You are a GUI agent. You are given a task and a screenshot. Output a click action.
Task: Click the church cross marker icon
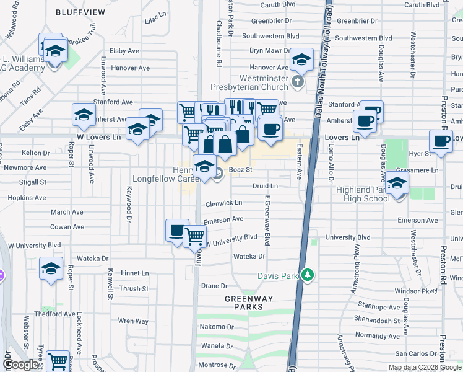pos(298,81)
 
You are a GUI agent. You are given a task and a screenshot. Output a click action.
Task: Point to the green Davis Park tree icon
pos(307,275)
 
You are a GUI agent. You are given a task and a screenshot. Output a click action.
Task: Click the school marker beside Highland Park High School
pos(396,185)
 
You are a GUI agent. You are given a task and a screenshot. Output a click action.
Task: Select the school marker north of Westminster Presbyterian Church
pos(301,60)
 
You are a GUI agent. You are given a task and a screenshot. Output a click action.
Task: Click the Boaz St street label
pos(241,169)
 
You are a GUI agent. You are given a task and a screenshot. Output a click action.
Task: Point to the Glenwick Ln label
pos(223,203)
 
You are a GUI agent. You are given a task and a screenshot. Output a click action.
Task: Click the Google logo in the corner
pos(20,365)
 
